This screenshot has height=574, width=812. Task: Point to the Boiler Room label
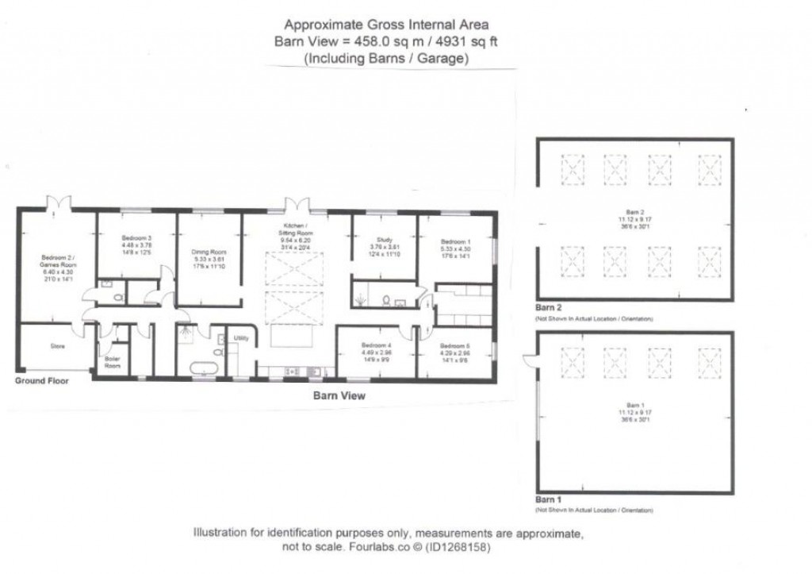click(113, 362)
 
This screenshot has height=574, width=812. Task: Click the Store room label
click(57, 347)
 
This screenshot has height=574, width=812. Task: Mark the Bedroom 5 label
click(455, 346)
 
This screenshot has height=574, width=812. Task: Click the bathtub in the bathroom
click(205, 368)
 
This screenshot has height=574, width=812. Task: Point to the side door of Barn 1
click(529, 361)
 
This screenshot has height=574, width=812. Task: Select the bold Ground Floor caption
click(41, 381)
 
